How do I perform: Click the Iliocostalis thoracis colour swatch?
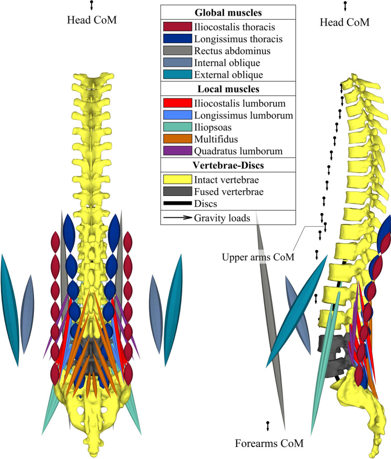(176, 26)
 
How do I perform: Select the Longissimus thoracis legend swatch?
(176, 39)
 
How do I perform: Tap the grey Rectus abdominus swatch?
(176, 51)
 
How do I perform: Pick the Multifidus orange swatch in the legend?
(176, 139)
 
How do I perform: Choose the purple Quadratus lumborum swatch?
(176, 151)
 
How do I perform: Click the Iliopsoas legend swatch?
(176, 126)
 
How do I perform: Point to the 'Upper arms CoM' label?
(251, 257)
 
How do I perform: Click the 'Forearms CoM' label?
(268, 443)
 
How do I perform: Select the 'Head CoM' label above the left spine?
(91, 20)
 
